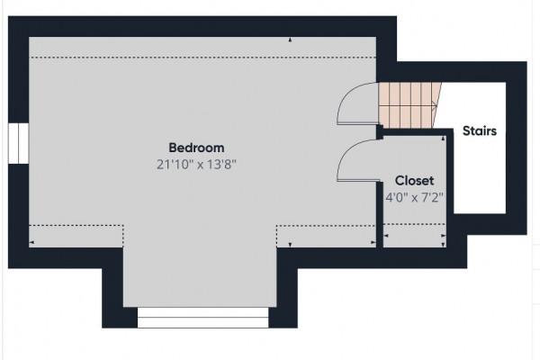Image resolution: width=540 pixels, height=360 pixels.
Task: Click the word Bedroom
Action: pos(196,148)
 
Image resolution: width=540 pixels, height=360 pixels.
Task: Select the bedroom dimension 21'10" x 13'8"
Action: pos(196,165)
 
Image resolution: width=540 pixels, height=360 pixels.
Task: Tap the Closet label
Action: pos(414,181)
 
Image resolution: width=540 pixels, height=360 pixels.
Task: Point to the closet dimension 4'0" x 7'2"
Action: pos(414,198)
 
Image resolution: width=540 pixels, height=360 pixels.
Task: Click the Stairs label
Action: pos(480,130)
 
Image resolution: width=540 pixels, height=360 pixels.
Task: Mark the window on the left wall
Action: pos(18,143)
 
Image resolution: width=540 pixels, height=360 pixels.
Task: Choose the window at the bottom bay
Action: pos(202,318)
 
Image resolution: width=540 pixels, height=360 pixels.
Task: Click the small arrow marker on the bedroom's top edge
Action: pos(290,40)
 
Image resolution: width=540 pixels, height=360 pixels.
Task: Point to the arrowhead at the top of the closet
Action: pos(443,138)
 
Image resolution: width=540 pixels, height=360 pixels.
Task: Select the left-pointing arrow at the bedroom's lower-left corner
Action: pos(31,242)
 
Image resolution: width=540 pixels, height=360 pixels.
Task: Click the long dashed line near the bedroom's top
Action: pos(203,58)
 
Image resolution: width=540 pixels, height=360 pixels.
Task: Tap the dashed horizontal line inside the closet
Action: pos(414,224)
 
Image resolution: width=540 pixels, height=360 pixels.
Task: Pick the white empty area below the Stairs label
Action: pos(480,175)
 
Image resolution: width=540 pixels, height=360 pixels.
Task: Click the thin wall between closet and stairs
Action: pos(450,172)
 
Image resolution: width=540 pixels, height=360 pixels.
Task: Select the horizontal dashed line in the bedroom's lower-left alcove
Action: pos(76,226)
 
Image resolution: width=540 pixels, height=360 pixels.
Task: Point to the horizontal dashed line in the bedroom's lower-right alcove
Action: pos(326,226)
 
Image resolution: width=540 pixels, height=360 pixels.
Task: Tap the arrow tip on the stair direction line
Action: pos(436,106)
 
